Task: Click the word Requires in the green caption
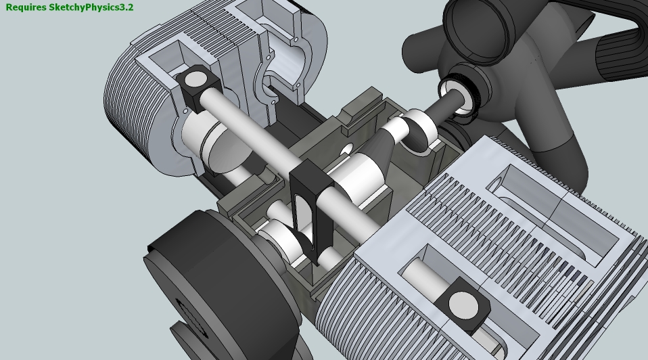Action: tap(26, 7)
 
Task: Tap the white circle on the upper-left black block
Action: tap(196, 79)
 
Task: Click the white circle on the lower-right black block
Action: tap(463, 305)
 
